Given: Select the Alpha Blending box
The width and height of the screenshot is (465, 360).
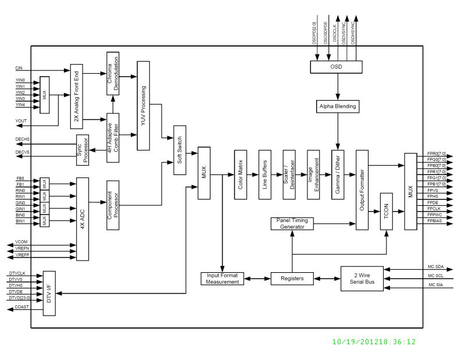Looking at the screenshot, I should pyautogui.click(x=338, y=106).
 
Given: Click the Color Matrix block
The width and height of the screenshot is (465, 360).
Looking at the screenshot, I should pyautogui.click(x=241, y=174).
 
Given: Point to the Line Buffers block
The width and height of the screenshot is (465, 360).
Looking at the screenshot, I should pyautogui.click(x=266, y=174).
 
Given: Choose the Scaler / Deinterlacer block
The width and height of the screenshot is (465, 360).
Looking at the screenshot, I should pyautogui.click(x=289, y=174).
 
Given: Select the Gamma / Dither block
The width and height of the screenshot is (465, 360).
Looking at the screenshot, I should pyautogui.click(x=338, y=174).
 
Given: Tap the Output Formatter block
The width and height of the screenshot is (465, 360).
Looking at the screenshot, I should pyautogui.click(x=362, y=190).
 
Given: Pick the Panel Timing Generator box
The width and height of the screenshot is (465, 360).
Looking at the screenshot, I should pyautogui.click(x=292, y=223).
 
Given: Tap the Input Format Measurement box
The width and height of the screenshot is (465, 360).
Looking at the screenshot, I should pyautogui.click(x=223, y=279).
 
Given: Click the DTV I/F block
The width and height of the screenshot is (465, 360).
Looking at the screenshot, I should pyautogui.click(x=49, y=293).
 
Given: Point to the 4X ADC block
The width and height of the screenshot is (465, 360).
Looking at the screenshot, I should pyautogui.click(x=83, y=219).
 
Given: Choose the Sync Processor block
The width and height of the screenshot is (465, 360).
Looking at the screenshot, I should pyautogui.click(x=83, y=149).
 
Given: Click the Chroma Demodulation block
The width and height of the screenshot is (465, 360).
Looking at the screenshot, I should pyautogui.click(x=113, y=74).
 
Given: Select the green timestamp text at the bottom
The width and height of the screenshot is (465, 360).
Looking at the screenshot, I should pyautogui.click(x=374, y=342).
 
